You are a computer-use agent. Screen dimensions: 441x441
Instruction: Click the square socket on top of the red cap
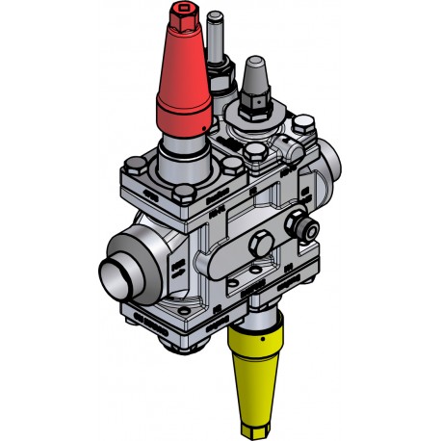[183, 16]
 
